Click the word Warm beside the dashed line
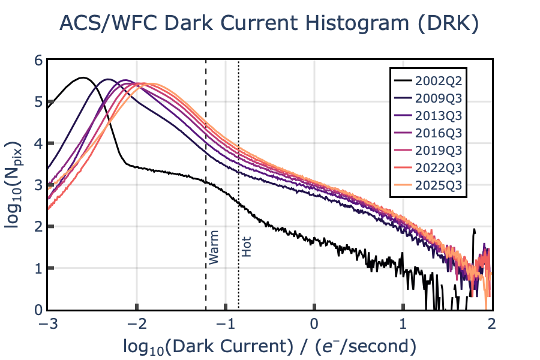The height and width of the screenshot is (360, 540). [x=214, y=247]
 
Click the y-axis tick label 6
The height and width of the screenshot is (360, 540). [x=38, y=60]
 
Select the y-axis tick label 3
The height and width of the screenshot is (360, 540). [x=38, y=185]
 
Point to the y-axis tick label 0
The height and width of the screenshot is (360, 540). [x=38, y=310]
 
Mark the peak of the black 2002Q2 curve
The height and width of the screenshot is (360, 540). [x=83, y=77]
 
